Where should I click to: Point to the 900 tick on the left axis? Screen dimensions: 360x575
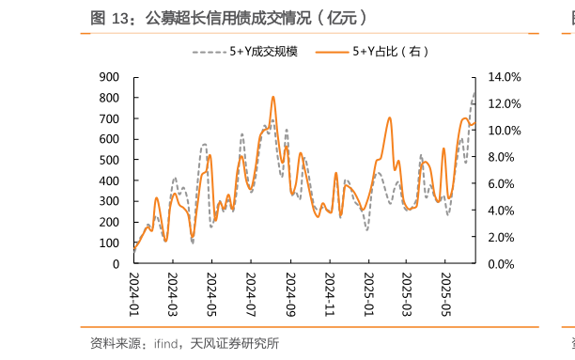(x=109, y=77)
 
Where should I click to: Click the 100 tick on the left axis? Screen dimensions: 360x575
(x=109, y=243)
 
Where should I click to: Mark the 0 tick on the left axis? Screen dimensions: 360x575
(x=115, y=264)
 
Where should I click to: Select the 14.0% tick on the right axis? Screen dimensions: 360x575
(x=504, y=77)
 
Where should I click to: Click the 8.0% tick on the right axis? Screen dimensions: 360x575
(x=504, y=157)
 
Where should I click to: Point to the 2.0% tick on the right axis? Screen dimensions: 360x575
(x=504, y=238)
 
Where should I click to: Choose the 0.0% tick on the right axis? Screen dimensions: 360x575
(x=504, y=264)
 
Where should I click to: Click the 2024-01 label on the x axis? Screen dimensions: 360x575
(x=133, y=294)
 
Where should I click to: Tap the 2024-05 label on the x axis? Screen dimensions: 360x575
(x=211, y=294)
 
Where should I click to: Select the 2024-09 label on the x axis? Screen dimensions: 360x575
(x=290, y=294)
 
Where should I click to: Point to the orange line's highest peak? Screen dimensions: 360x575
(x=272, y=97)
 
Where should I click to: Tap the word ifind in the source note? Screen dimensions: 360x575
(x=167, y=344)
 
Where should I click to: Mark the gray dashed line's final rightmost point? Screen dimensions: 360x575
(x=474, y=92)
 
